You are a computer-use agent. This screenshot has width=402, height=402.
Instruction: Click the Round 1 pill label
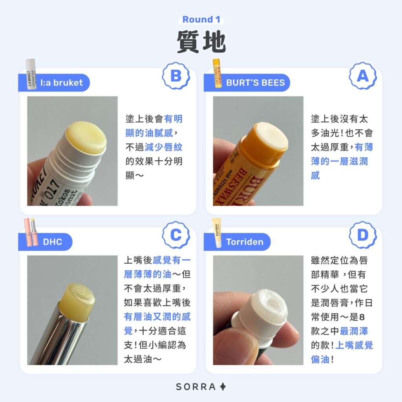click(201, 20)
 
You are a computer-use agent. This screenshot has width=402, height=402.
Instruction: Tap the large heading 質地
click(201, 42)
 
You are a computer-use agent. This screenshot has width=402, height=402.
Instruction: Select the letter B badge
click(176, 76)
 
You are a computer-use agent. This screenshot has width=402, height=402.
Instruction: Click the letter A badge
click(362, 76)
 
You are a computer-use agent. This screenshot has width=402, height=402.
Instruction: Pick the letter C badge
click(176, 235)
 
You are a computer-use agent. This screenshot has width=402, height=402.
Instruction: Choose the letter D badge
click(362, 235)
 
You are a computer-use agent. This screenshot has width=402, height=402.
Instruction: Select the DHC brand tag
click(53, 242)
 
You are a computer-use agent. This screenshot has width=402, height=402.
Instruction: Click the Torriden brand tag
click(244, 242)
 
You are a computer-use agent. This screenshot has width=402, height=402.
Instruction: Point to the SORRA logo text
click(196, 387)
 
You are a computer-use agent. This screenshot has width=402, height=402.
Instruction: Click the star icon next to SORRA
click(223, 387)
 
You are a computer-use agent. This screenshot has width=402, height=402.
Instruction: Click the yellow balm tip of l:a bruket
click(86, 137)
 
